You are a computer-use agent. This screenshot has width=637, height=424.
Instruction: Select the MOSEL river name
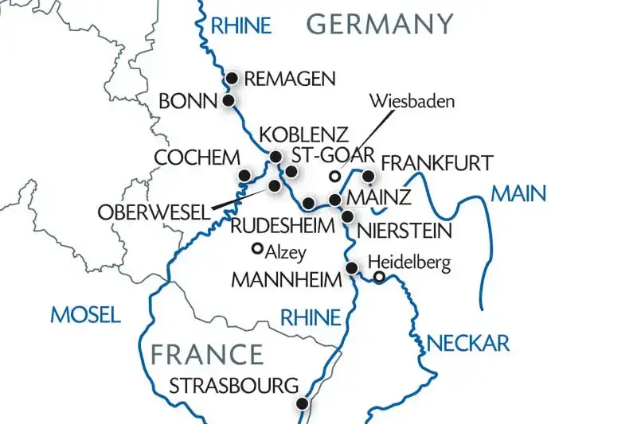[x=85, y=315]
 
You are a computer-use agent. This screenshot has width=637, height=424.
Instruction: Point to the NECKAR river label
[x=468, y=343]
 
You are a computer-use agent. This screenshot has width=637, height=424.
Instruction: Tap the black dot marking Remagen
[x=233, y=78]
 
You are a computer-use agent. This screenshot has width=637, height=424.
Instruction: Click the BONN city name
[x=188, y=102]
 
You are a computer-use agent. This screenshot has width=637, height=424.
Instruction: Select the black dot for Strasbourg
[x=302, y=404]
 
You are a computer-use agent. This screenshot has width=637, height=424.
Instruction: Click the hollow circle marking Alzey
[x=256, y=248]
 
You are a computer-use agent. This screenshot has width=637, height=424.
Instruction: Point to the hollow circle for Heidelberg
[x=380, y=278]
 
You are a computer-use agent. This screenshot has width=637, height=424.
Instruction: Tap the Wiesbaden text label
[x=412, y=102]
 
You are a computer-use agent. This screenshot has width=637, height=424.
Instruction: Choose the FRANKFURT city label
[x=437, y=163]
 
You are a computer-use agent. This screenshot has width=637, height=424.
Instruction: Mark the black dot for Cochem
[x=245, y=175]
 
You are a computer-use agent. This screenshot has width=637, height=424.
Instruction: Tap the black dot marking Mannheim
[x=351, y=268]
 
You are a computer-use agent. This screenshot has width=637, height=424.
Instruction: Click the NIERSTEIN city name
[x=404, y=232]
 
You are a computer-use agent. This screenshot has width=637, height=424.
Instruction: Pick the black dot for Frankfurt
[x=368, y=175]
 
